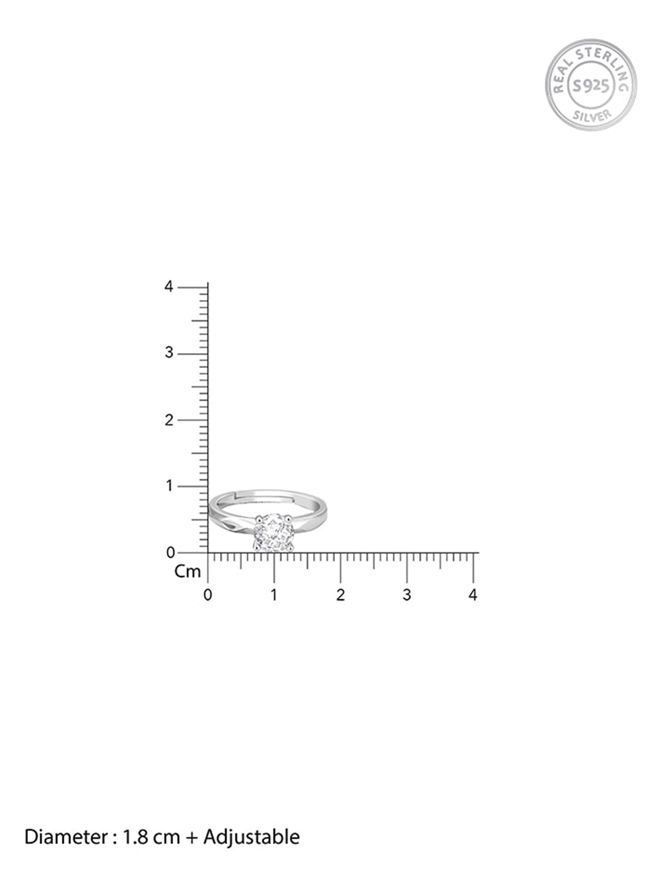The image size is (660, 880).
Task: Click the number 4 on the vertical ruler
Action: pos(169,287)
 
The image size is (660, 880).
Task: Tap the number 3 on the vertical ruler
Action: pos(169,353)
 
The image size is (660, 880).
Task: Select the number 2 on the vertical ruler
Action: pos(169,420)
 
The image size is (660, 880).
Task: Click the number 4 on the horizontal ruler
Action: pos(473,595)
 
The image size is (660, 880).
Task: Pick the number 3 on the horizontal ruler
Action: pos(407,595)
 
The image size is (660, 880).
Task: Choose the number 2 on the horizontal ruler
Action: pos(340,595)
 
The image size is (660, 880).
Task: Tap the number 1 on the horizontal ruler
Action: pos(274,595)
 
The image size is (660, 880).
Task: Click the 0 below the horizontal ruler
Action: pos(208,595)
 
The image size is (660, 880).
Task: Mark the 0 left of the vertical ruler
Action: pos(171,553)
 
